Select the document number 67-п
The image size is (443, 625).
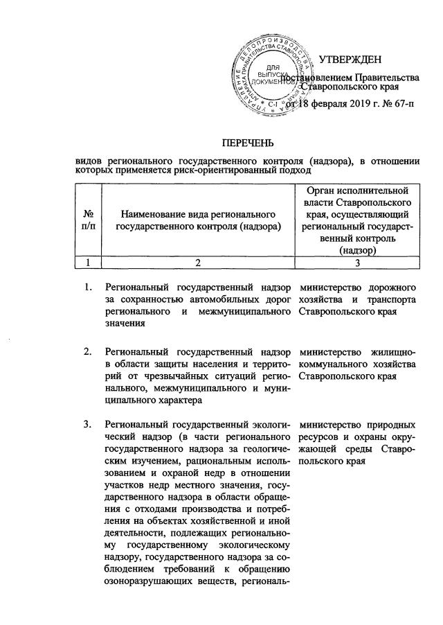[392, 105]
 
